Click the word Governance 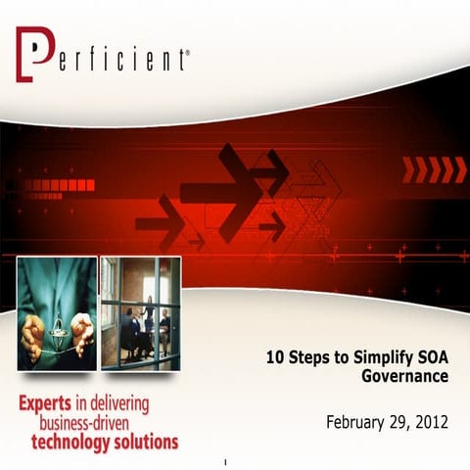point(405,376)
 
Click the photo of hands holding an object point(57,313)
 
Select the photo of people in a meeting point(141,313)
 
